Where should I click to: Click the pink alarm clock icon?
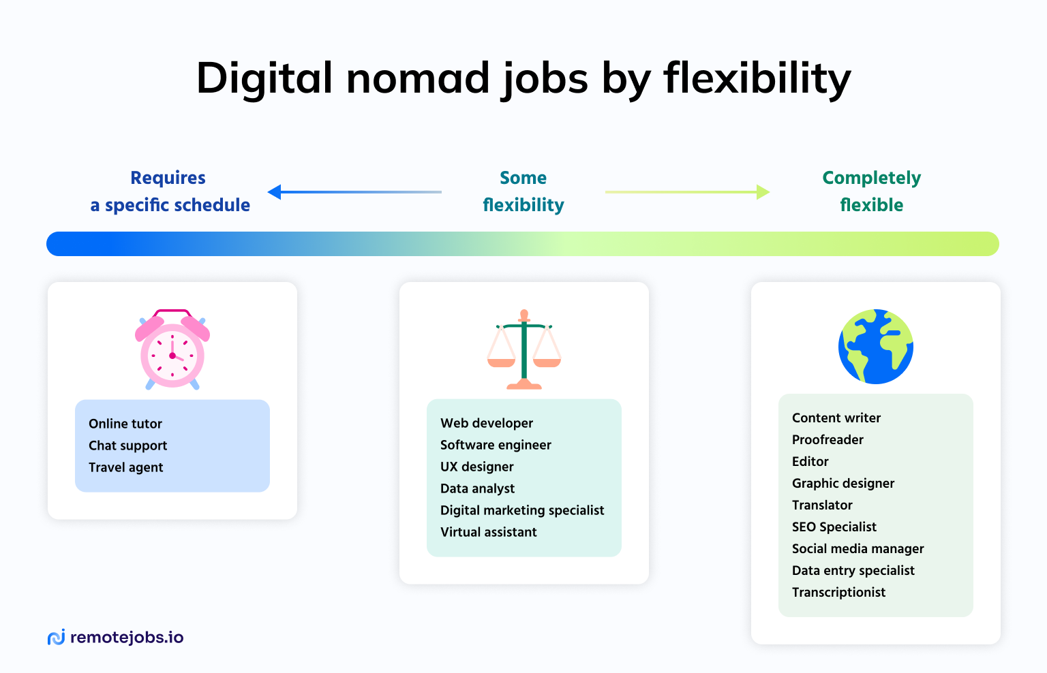pos(172,349)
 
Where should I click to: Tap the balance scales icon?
pos(524,349)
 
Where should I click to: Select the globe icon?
pos(875,347)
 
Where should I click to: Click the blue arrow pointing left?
pos(354,192)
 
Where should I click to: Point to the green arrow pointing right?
pos(688,192)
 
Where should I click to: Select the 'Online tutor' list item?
pos(125,424)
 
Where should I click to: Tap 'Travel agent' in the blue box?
pos(125,467)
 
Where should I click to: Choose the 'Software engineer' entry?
pos(496,445)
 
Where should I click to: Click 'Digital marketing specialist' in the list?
pos(522,510)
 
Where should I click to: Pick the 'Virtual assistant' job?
pos(489,532)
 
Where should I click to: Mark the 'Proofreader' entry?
pos(828,439)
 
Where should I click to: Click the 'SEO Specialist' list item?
pos(834,527)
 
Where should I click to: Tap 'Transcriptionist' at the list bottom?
pos(838,592)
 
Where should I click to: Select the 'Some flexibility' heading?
pos(523,191)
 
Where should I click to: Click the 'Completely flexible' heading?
pos(872,191)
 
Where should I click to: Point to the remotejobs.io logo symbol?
pos(57,637)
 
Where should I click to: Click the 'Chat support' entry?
pos(127,445)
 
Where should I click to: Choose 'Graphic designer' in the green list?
pos(843,484)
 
